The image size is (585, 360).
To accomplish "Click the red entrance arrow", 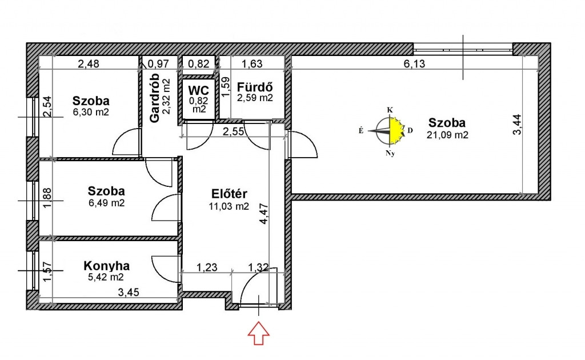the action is [259, 334].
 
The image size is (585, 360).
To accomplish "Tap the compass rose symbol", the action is [387, 131].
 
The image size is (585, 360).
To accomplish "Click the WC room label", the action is [198, 91].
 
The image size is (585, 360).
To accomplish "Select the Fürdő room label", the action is [255, 87].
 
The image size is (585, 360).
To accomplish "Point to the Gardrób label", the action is [154, 97].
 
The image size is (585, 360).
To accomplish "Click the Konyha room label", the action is [106, 266].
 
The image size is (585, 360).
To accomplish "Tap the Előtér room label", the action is [229, 194].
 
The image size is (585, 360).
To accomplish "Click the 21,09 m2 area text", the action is [447, 135].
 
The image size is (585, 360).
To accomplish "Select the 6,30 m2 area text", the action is [91, 112].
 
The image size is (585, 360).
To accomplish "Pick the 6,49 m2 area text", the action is [107, 203].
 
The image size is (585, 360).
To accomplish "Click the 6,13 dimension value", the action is [414, 64].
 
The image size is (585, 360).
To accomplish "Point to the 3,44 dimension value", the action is [517, 124].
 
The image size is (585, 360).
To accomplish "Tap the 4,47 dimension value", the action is [263, 213].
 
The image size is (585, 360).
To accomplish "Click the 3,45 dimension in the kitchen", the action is [129, 292].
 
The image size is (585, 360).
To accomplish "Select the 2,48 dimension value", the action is [89, 64].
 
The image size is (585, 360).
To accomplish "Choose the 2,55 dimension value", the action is [234, 131].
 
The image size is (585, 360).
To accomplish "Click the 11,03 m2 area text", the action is [229, 206].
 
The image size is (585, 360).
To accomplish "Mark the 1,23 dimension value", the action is [207, 267].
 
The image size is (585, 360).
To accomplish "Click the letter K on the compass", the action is [390, 110].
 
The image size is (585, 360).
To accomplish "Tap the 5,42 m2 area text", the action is [106, 277].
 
